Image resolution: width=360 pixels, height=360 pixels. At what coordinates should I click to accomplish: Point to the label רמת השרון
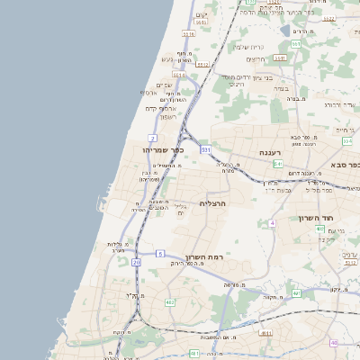point(204,258)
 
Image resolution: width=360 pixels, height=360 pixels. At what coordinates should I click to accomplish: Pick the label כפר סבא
point(345,165)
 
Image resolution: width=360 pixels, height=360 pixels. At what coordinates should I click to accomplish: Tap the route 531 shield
point(206,148)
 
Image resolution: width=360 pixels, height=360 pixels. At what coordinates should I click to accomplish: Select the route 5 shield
point(159,254)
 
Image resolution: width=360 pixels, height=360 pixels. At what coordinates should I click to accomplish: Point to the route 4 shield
point(272,222)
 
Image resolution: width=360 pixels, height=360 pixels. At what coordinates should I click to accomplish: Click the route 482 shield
point(170,302)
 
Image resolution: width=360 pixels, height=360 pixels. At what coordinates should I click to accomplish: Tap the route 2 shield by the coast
point(153,138)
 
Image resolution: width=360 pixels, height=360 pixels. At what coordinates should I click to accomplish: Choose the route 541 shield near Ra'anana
point(279,165)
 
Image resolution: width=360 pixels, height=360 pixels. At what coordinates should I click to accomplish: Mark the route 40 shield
point(333,343)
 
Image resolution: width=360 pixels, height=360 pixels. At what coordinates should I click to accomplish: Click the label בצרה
point(279,90)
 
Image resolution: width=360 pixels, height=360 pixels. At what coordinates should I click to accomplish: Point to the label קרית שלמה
point(247,47)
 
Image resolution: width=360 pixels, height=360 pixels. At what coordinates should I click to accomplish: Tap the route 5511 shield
point(203,65)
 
